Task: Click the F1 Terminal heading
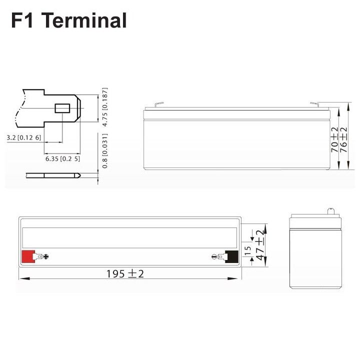click(69, 20)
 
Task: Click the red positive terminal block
click(28, 256)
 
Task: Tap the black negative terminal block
click(231, 256)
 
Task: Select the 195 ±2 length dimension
click(125, 273)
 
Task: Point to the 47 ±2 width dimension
click(260, 244)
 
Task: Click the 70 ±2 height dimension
click(334, 139)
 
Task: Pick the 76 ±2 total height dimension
click(343, 139)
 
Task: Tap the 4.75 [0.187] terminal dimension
click(104, 107)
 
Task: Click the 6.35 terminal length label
click(62, 158)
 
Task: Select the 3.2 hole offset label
click(24, 137)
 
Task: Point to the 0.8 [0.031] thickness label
click(104, 151)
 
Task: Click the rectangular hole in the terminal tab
click(62, 108)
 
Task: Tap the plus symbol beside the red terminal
click(46, 256)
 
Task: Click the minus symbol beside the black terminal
click(214, 256)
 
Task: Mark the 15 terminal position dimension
click(248, 251)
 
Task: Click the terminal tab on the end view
click(330, 211)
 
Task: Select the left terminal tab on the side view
click(159, 104)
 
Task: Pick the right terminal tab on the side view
click(314, 104)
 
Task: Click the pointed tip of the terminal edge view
click(80, 175)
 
